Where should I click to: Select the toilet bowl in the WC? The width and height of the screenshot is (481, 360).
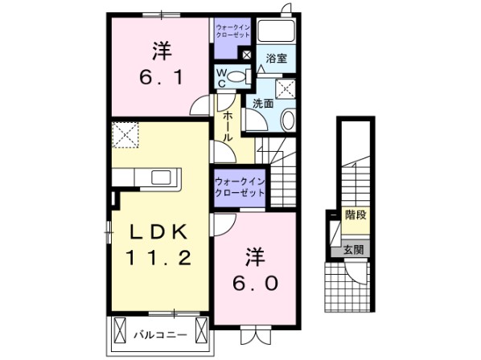pyautogui.click(x=236, y=78)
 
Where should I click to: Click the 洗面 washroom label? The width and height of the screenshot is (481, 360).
pyautogui.click(x=264, y=103)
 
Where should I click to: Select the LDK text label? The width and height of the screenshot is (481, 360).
pyautogui.click(x=159, y=232)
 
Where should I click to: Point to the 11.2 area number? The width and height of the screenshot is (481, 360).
pyautogui.click(x=158, y=259)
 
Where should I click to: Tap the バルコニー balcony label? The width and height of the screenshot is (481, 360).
pyautogui.click(x=160, y=333)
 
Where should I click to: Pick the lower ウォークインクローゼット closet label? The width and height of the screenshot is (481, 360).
pyautogui.click(x=239, y=188)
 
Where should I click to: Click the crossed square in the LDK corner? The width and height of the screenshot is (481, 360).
pyautogui.click(x=125, y=133)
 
